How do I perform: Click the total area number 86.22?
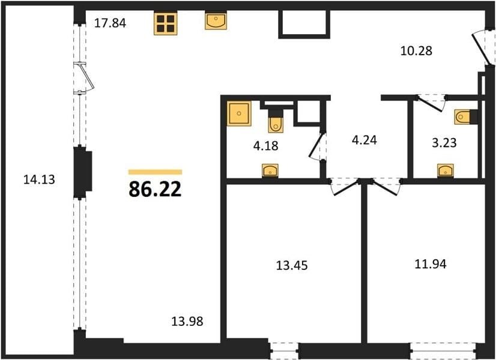(155, 190)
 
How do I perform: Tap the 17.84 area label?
(110, 23)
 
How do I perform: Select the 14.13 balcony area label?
(39, 179)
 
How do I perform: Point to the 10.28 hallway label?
(416, 50)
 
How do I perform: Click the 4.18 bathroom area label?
(265, 146)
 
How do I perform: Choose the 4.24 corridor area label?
(364, 140)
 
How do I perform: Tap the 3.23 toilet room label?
(444, 143)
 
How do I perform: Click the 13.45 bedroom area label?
(292, 265)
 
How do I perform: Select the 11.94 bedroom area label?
(431, 263)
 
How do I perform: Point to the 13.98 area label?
(187, 322)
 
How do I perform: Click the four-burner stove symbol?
(166, 23)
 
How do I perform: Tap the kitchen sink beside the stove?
(216, 21)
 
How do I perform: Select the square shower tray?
(239, 113)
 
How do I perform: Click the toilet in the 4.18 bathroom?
(276, 121)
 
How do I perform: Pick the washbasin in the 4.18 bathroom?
(270, 170)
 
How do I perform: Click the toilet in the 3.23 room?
(465, 117)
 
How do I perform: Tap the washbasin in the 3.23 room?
(446, 170)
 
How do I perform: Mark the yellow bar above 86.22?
(155, 172)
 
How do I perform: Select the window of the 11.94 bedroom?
(444, 351)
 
